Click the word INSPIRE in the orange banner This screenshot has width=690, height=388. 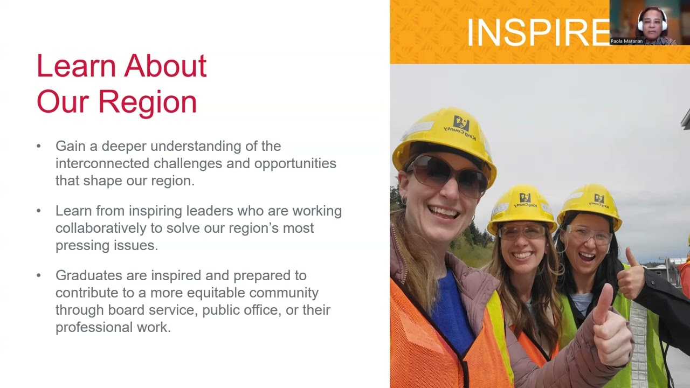pyautogui.click(x=538, y=32)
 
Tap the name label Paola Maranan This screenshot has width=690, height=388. pyautogui.click(x=626, y=41)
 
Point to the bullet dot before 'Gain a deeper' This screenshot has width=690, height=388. pyautogui.click(x=39, y=146)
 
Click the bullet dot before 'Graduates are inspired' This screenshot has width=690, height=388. pyautogui.click(x=39, y=275)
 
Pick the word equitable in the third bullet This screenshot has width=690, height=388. pyautogui.click(x=227, y=293)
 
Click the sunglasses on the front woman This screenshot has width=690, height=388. pyautogui.click(x=446, y=174)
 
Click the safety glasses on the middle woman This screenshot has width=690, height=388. pyautogui.click(x=522, y=232)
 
